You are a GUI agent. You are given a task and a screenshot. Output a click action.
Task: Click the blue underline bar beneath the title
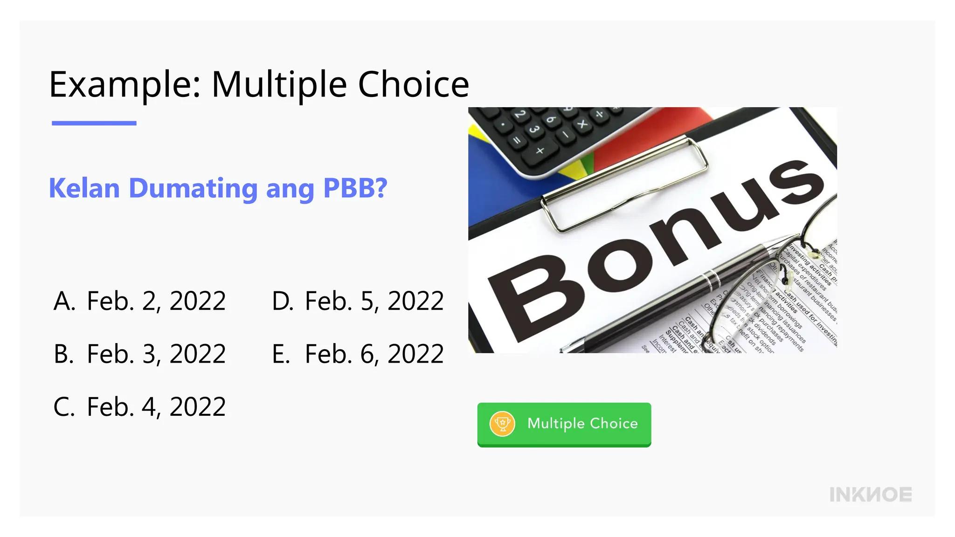[94, 123]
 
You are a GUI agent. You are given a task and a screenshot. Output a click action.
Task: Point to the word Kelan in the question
[84, 188]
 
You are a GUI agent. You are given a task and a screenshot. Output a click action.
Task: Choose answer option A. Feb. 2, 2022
[139, 301]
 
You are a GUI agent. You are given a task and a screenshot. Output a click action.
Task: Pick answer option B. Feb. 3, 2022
[139, 354]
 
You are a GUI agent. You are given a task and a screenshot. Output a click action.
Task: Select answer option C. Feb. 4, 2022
[139, 407]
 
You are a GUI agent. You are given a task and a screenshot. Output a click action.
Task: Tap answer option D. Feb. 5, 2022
[358, 301]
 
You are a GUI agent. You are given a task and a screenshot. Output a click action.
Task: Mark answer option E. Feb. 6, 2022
[358, 354]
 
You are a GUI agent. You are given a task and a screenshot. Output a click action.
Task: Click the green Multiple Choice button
[564, 424]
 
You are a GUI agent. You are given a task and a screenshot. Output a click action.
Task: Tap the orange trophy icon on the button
[502, 424]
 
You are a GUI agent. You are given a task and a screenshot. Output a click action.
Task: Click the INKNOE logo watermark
[870, 495]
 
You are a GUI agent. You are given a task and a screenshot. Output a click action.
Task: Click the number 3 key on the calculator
[534, 129]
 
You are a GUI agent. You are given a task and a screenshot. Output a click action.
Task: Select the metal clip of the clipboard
[625, 182]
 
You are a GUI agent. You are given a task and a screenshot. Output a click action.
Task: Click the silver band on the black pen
[712, 281]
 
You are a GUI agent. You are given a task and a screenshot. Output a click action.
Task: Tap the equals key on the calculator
[517, 140]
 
